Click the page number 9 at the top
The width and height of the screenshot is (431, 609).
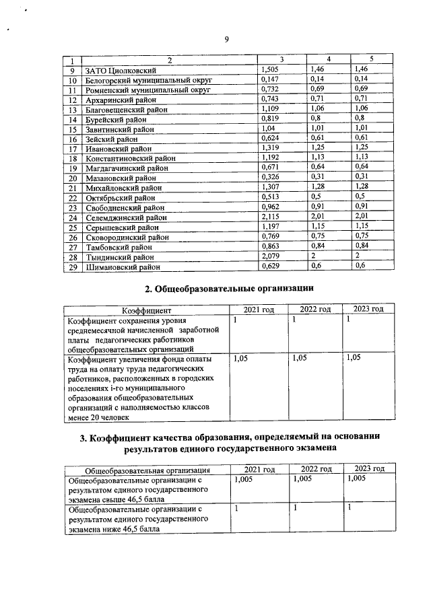[x=227, y=40]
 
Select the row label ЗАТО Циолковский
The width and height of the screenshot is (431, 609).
[x=121, y=70]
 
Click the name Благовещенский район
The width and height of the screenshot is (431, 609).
[x=125, y=109]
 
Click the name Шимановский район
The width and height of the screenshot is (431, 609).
[x=122, y=267]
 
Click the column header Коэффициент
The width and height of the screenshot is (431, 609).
[x=146, y=310]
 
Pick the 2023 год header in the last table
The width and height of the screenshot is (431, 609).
[x=368, y=468]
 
